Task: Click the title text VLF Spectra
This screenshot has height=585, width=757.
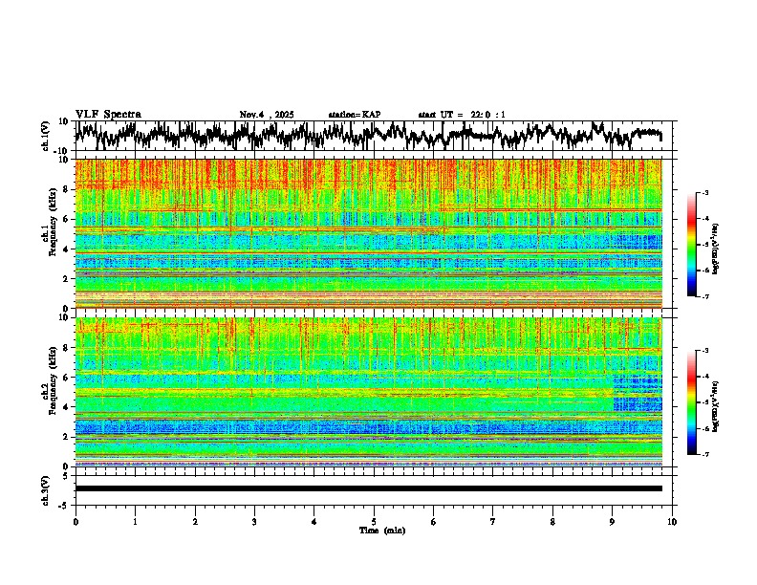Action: (108, 115)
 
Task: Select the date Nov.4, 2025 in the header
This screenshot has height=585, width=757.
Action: (267, 115)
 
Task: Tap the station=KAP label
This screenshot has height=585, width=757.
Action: (354, 115)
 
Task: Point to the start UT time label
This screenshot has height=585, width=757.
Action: (462, 115)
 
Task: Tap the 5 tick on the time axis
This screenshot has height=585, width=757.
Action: (374, 521)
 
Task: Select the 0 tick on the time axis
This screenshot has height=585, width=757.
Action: (76, 521)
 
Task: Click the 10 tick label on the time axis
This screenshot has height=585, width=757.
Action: (672, 521)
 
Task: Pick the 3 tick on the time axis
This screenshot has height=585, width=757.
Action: (254, 521)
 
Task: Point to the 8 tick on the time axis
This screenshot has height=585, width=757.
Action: (552, 521)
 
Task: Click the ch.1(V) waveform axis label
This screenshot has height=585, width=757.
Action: (46, 136)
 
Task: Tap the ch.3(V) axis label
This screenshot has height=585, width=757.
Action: (46, 488)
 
